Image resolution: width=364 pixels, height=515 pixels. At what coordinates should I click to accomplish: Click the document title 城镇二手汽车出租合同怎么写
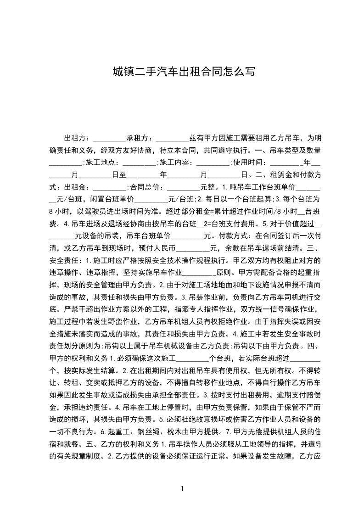pos(182,72)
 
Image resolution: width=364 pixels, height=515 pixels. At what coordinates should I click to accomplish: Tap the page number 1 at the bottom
pos(182,488)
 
